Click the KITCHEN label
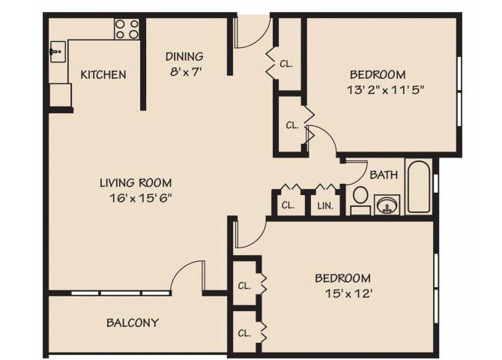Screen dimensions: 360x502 (x=103, y=75)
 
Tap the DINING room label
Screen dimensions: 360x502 (x=184, y=56)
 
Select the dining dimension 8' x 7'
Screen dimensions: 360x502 (x=184, y=73)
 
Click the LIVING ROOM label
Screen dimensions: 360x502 (x=136, y=182)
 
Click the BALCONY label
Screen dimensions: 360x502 (x=132, y=323)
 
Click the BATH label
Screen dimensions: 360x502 (x=384, y=175)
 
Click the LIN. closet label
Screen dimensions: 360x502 (x=325, y=205)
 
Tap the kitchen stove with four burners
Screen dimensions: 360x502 (x=127, y=29)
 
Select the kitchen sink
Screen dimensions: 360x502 (x=57, y=52)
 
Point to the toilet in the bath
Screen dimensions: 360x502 (x=360, y=197)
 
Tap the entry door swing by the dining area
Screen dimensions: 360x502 (x=253, y=34)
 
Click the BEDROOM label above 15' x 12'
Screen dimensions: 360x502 (x=342, y=278)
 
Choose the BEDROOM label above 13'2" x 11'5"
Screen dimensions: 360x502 (x=378, y=75)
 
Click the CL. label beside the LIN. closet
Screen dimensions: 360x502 (x=288, y=205)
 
